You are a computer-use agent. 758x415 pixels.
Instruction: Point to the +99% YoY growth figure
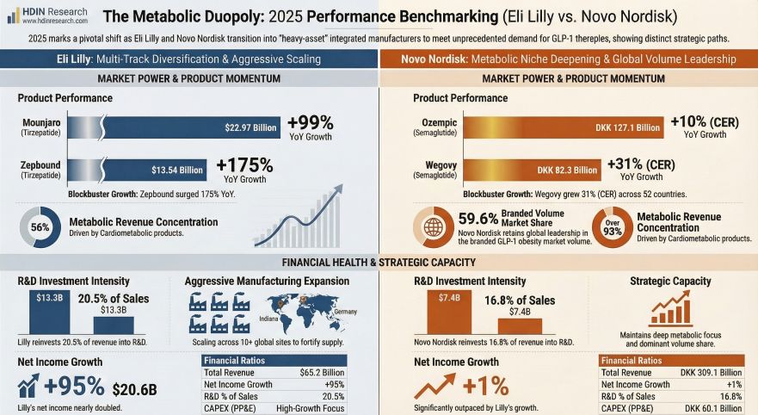(x=310, y=122)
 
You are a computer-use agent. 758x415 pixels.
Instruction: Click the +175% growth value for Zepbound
(x=244, y=164)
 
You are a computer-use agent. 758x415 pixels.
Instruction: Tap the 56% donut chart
(x=40, y=227)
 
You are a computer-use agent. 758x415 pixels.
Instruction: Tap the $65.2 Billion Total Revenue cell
(x=318, y=373)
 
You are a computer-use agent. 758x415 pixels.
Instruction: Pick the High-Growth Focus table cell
(x=311, y=408)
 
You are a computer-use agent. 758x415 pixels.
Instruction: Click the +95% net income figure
(x=73, y=387)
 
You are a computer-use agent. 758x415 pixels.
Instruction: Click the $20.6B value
(x=136, y=388)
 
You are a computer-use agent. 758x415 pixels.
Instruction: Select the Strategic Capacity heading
(x=670, y=281)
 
